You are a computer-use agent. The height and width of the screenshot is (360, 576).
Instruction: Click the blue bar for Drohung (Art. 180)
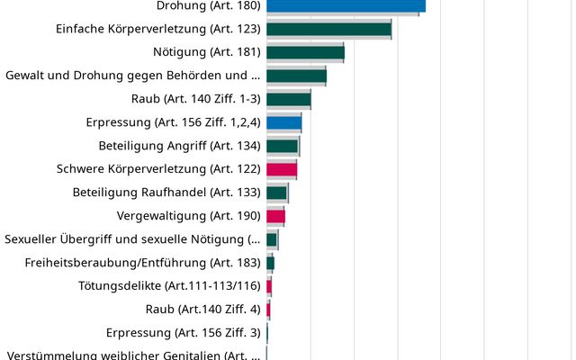coord(346,5)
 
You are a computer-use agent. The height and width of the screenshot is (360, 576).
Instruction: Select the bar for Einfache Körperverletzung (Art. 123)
coord(328,29)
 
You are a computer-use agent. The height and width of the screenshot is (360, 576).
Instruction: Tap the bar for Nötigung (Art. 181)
coord(305,52)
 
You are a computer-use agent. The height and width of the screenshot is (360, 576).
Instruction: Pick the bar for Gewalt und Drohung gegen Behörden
coord(296,76)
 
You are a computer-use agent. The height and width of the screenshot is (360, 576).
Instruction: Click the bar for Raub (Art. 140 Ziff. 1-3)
coord(288,99)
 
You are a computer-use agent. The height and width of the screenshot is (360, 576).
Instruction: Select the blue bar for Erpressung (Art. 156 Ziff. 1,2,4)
coord(283,122)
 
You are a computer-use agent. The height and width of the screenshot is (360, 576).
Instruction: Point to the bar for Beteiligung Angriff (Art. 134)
coord(282,146)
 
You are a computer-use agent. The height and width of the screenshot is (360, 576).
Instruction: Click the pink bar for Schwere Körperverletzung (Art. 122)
coord(282,169)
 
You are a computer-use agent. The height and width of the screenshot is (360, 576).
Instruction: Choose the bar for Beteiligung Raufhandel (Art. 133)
coord(276,193)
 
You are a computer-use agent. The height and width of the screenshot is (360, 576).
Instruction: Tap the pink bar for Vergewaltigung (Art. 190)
coord(275,216)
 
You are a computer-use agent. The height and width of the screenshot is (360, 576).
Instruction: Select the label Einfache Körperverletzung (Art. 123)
coord(157,29)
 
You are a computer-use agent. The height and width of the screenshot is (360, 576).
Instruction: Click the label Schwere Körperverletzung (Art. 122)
coord(158,169)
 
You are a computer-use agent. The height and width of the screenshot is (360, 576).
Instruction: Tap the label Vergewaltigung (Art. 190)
coord(189,216)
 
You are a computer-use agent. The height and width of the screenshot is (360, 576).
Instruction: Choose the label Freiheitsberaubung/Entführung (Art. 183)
coord(142,263)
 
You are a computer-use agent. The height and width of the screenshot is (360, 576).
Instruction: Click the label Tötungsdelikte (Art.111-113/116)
coord(163,286)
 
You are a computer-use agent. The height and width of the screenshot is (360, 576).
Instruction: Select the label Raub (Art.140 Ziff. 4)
coord(202,310)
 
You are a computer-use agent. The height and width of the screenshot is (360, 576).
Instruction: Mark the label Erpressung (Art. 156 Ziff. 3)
coord(183,333)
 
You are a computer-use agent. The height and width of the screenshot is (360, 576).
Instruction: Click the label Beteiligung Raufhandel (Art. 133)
coord(166,193)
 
